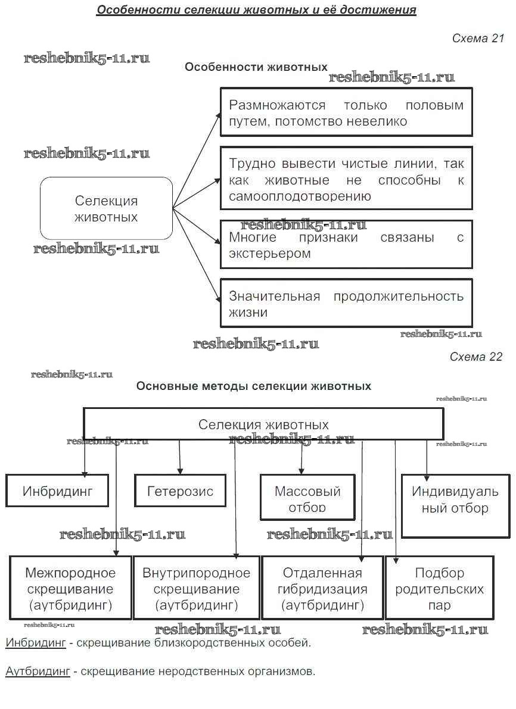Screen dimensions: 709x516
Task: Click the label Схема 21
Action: pyautogui.click(x=478, y=39)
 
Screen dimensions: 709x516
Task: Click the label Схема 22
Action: pyautogui.click(x=476, y=357)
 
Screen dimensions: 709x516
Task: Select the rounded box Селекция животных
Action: pyautogui.click(x=106, y=208)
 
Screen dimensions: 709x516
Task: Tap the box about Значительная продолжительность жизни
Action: pyautogui.click(x=346, y=304)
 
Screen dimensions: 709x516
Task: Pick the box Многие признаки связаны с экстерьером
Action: pyautogui.click(x=346, y=245)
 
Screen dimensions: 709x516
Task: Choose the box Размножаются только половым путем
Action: pyautogui.click(x=346, y=113)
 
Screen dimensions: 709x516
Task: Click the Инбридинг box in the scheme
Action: pyautogui.click(x=57, y=491)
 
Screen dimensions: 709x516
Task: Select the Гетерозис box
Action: pyautogui.click(x=180, y=491)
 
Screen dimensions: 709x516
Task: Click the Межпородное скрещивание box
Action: pyautogui.click(x=70, y=589)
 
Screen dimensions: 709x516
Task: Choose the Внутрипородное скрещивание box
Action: pyautogui.click(x=196, y=589)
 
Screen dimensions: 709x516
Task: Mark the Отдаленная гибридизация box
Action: pyautogui.click(x=322, y=589)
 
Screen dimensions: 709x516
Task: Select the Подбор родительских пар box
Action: pyautogui.click(x=439, y=589)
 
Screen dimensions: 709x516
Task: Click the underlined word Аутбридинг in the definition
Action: pyautogui.click(x=38, y=671)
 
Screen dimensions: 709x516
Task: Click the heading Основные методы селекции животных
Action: pyautogui.click(x=254, y=386)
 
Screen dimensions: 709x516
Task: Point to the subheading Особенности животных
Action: pyautogui.click(x=256, y=67)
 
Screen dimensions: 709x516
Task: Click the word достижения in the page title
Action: pyautogui.click(x=378, y=10)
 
